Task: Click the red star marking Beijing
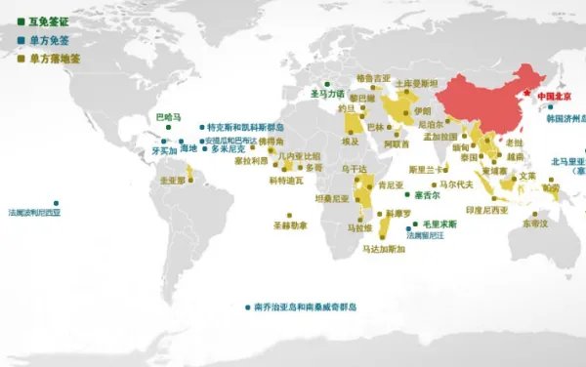coord(532,98)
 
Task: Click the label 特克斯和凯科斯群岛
coord(245,127)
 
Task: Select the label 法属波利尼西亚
coord(34,212)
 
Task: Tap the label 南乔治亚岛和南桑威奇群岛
coord(306,306)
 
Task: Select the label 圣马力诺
coord(328,94)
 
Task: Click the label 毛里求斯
coord(436,224)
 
